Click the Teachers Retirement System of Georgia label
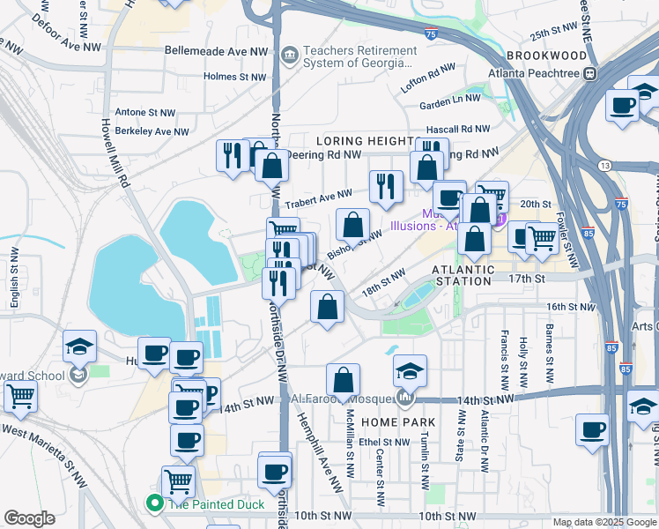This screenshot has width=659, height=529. [x=357, y=57]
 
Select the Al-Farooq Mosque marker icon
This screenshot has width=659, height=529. [x=404, y=399]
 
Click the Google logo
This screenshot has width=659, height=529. [x=29, y=518]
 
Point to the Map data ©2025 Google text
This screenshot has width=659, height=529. [x=603, y=522]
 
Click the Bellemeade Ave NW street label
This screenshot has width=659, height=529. [x=216, y=52]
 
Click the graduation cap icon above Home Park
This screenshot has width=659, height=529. [x=410, y=370]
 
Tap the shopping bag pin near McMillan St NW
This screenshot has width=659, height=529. [x=343, y=380]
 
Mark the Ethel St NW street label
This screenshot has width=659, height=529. [x=381, y=443]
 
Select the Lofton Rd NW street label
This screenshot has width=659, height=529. [x=427, y=78]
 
